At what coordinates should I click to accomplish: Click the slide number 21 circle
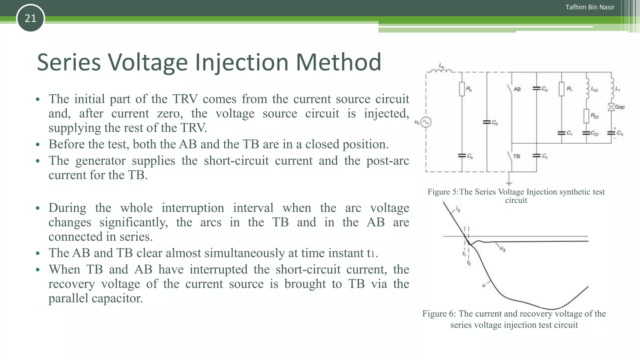30,18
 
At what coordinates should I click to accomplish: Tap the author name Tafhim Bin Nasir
590,7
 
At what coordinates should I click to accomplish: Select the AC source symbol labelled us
426,122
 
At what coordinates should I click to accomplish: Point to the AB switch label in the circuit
517,89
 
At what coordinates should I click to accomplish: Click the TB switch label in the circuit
517,156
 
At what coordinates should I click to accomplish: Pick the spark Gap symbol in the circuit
611,107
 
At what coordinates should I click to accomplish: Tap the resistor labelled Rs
462,89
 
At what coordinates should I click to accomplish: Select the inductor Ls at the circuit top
441,71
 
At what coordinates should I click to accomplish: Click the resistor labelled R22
586,116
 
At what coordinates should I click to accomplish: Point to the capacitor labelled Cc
537,156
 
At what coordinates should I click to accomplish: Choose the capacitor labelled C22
586,133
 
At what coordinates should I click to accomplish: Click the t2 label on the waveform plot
469,263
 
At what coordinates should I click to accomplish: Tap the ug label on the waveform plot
502,249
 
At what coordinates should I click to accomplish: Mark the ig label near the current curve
458,209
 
